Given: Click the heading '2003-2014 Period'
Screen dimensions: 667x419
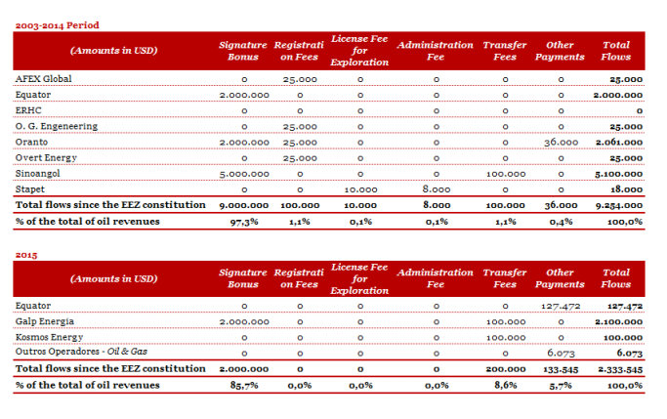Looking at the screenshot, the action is (x=57, y=25).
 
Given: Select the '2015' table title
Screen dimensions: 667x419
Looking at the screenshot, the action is (x=26, y=255).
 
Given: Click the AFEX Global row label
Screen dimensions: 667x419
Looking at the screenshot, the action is (x=43, y=79).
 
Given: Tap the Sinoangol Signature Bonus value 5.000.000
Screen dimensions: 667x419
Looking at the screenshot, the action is (x=244, y=174).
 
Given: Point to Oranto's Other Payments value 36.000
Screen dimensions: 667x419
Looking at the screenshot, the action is (x=562, y=143).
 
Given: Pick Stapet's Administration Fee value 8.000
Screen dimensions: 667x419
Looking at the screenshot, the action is (x=437, y=189).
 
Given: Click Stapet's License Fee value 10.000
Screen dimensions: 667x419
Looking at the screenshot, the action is (x=360, y=189).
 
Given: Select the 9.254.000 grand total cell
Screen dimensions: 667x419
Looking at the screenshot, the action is (x=619, y=205).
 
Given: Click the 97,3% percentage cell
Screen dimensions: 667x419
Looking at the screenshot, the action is (x=244, y=222).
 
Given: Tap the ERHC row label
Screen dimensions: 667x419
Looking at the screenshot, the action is (x=28, y=110).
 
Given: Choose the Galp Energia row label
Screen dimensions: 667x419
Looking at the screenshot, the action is (x=45, y=321).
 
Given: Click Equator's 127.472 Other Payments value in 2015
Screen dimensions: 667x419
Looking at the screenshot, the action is (x=561, y=307).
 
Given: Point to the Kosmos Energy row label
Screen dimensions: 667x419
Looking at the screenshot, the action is (x=50, y=337).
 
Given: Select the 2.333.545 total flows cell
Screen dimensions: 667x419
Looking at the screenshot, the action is (x=620, y=369).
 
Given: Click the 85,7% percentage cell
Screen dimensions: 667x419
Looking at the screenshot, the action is (x=244, y=386).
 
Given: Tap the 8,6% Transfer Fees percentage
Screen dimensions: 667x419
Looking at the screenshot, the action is (x=505, y=386).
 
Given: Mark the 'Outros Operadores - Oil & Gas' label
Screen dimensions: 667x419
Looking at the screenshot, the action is (x=81, y=352).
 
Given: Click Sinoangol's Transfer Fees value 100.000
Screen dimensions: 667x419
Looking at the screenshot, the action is (x=506, y=174).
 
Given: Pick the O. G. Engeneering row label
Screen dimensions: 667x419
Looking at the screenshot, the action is (x=57, y=126).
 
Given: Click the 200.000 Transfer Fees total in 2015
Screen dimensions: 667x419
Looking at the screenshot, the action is (x=506, y=369).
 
